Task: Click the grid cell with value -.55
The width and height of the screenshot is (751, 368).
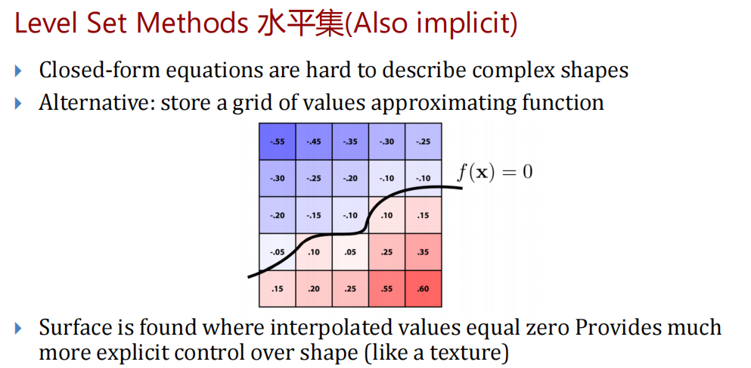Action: click(278, 142)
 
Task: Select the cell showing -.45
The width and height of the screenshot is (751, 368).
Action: click(314, 142)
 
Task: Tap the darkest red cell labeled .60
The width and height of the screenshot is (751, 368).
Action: click(424, 288)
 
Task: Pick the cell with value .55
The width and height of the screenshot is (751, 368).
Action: click(387, 288)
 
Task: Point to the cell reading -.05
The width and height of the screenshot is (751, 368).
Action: click(278, 252)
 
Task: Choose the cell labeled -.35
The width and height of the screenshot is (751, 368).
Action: click(351, 142)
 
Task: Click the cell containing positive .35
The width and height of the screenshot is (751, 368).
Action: click(424, 252)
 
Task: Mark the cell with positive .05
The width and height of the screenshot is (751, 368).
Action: click(351, 252)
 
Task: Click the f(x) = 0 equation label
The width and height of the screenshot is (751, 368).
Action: click(495, 172)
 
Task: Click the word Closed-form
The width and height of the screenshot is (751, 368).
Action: click(99, 70)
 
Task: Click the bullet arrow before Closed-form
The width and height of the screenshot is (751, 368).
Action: click(18, 71)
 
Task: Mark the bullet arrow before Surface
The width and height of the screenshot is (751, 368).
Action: click(18, 329)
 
